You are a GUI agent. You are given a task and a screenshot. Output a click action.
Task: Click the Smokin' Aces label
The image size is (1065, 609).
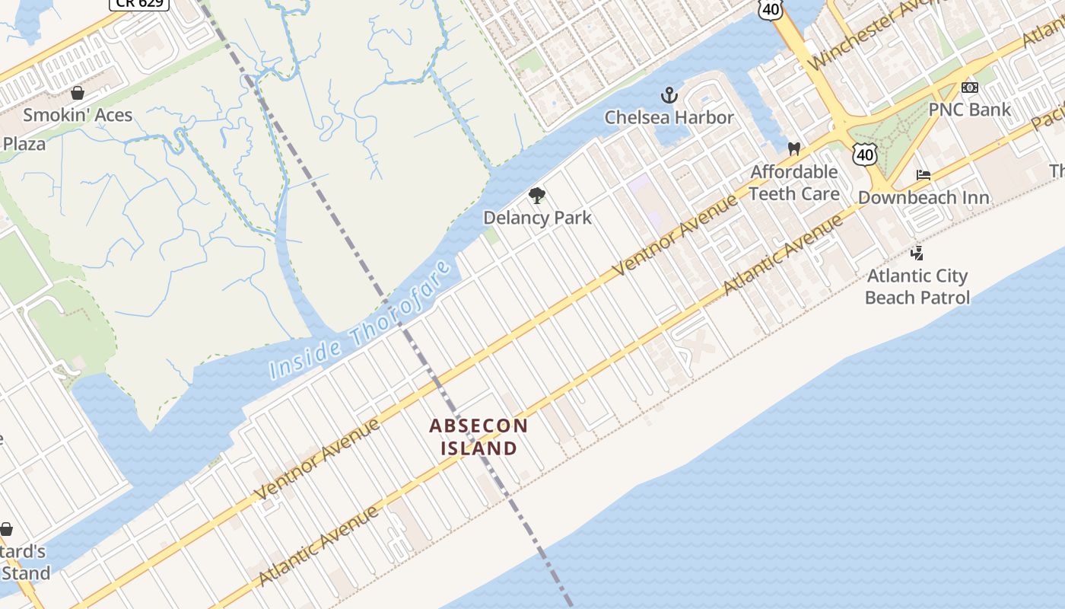click(78, 115)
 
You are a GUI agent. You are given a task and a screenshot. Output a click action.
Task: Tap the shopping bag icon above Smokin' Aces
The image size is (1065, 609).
click(77, 94)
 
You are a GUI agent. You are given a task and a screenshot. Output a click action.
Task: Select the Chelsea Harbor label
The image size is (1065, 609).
click(669, 117)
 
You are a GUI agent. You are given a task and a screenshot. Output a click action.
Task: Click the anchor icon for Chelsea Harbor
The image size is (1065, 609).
click(669, 95)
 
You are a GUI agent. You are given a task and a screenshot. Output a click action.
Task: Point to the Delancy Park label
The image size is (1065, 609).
click(537, 218)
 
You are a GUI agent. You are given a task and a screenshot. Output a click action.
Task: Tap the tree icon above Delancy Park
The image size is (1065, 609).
click(537, 196)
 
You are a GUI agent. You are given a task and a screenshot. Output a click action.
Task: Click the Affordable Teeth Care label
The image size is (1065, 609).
click(794, 183)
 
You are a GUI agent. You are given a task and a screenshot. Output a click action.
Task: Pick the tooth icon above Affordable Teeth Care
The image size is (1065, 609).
click(794, 148)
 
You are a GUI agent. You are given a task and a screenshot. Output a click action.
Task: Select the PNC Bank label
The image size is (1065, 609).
click(969, 110)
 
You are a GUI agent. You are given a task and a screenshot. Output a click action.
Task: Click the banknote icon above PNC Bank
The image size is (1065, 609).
click(969, 88)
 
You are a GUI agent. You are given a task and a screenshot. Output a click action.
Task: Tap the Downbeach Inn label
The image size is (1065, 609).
click(924, 198)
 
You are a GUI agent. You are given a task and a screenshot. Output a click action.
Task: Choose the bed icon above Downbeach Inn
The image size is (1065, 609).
click(924, 175)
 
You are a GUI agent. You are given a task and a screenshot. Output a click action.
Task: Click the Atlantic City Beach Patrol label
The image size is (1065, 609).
click(917, 286)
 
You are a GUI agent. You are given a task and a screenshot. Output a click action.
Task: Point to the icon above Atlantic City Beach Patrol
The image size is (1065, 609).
click(917, 253)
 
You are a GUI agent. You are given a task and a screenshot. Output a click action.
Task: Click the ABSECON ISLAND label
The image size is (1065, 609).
click(479, 437)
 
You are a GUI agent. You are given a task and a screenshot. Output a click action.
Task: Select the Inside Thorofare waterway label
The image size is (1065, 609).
click(361, 320)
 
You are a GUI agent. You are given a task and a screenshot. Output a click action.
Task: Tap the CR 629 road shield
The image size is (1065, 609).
click(139, 4)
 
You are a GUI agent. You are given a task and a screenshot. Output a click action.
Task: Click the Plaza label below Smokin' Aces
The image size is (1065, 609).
click(24, 144)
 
